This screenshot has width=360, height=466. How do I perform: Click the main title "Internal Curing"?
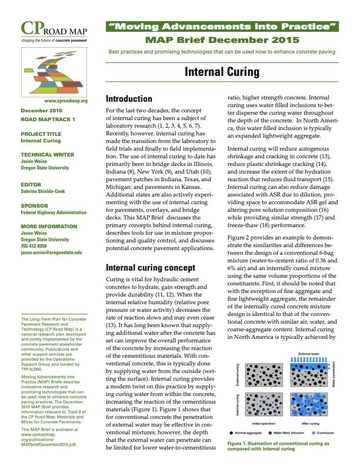tap(222, 72)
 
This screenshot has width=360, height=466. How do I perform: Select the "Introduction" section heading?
tap(129, 99)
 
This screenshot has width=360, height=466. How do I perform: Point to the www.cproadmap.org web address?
tap(62, 101)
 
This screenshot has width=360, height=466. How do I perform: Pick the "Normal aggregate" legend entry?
tap(258, 434)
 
